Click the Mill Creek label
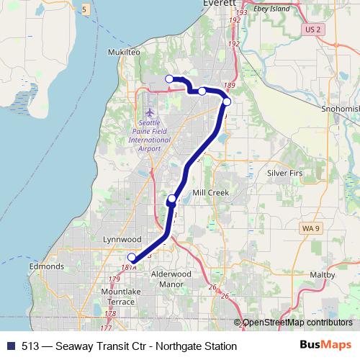tap(210, 193)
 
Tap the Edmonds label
tap(47, 266)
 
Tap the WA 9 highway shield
tap(307, 228)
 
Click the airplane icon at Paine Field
tap(149, 112)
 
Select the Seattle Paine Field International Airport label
tap(150, 134)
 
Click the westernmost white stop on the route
tap(169, 78)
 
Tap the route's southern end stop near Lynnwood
tap(132, 258)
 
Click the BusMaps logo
tap(330, 346)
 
